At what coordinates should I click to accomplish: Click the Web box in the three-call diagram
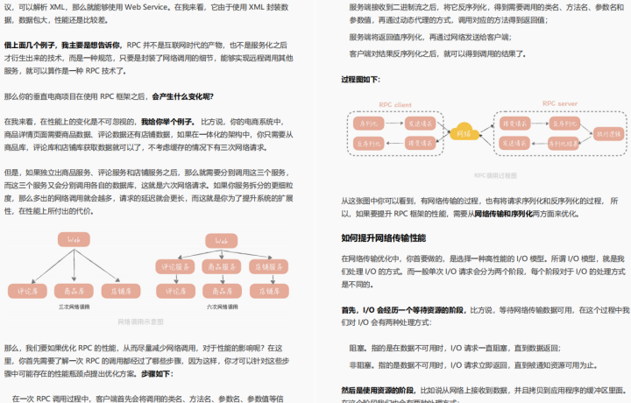[74, 240]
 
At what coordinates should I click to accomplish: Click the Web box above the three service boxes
[221, 240]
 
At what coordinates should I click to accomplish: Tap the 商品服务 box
[221, 266]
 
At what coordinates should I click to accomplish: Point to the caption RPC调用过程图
[495, 175]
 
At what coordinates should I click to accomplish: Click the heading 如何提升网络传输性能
[383, 237]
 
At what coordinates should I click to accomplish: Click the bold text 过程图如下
[361, 79]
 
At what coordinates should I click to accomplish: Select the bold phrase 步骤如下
[154, 373]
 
